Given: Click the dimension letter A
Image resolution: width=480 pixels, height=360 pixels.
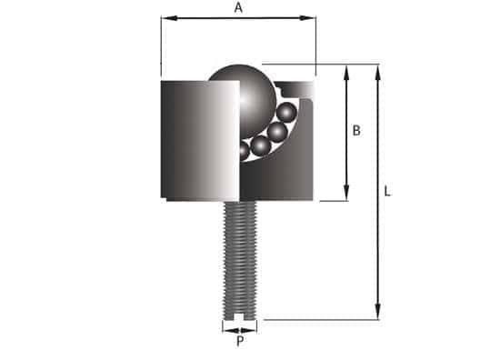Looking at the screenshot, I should click(238, 7).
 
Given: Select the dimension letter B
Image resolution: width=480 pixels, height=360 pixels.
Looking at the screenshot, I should click(356, 131).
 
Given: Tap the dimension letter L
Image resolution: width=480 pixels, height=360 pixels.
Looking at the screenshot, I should click(387, 192).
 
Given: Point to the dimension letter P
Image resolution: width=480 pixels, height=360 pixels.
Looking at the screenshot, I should click(240, 342).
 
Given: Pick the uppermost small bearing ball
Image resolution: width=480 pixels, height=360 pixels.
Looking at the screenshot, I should click(288, 114).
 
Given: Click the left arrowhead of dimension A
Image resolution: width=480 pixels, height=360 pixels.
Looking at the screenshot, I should click(165, 18).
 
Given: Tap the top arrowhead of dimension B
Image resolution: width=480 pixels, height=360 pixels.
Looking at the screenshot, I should click(346, 69).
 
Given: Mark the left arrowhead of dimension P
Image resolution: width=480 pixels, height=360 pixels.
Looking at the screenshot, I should click(225, 325).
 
